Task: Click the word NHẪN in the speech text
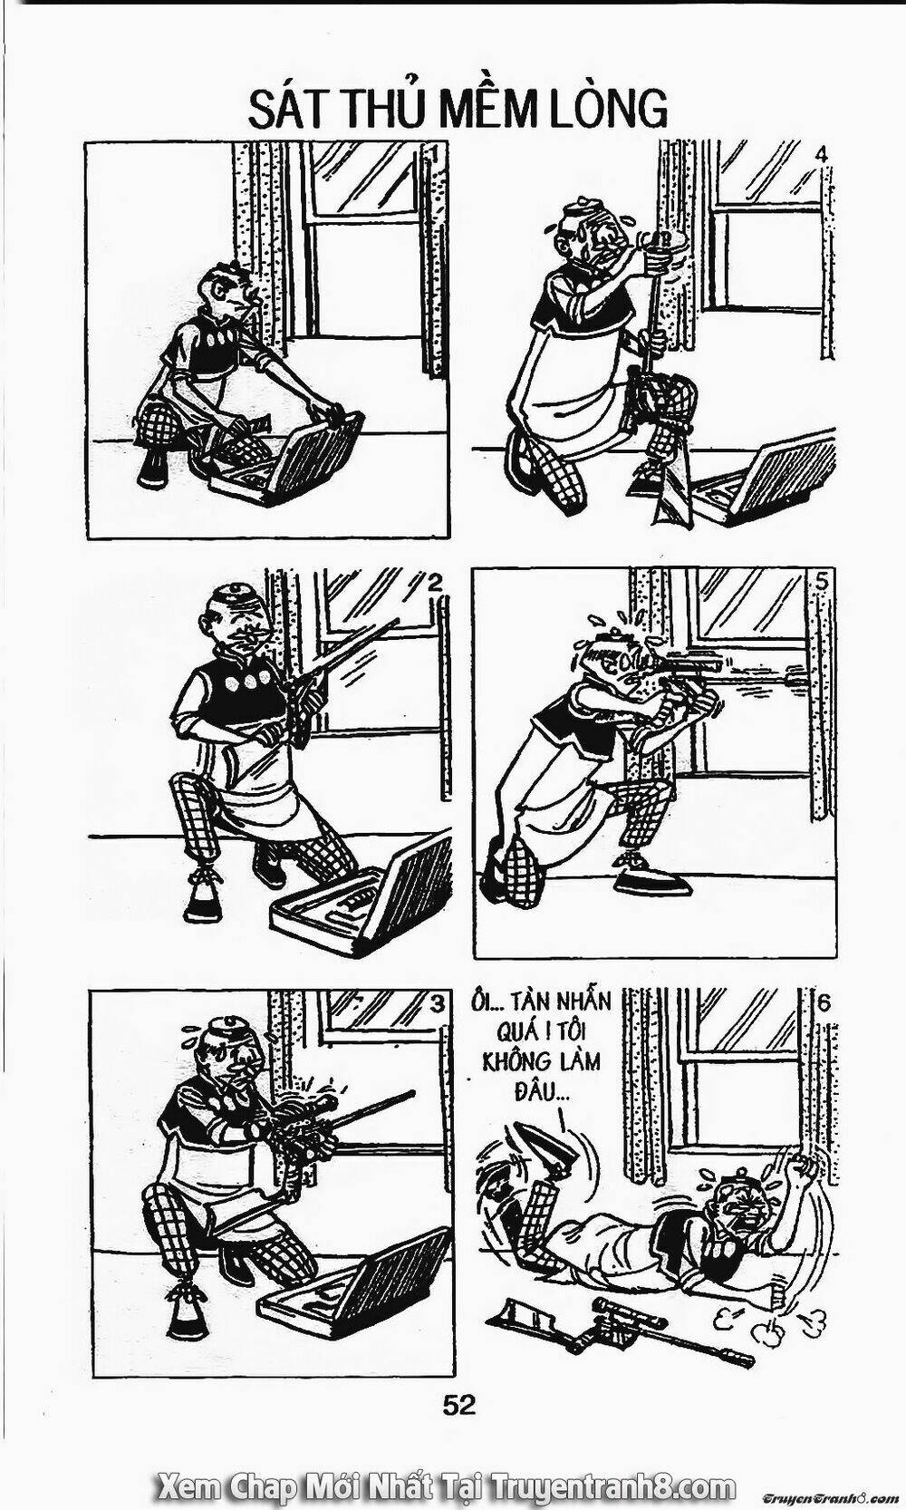tap(577, 1002)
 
